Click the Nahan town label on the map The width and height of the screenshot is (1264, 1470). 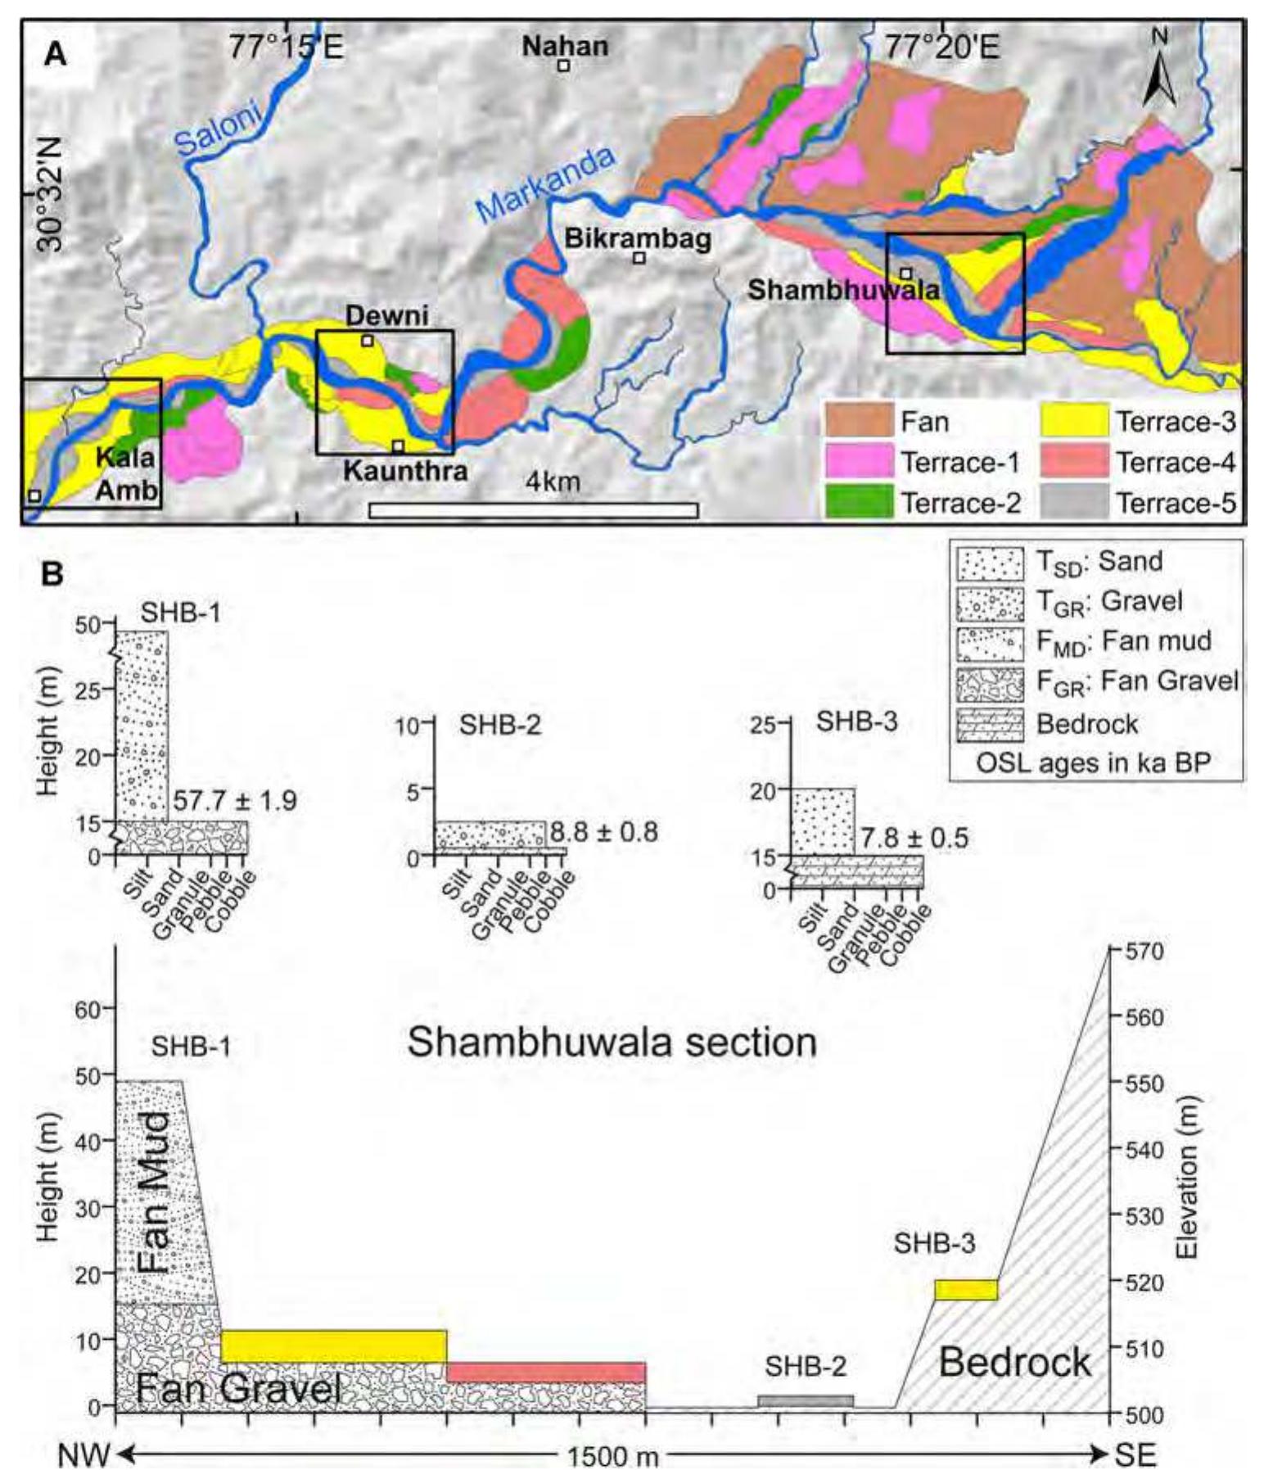[x=565, y=46]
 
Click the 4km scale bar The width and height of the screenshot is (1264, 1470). [x=533, y=510]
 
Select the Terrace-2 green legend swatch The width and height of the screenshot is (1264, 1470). [x=859, y=502]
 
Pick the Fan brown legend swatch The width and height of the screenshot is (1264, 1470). [x=859, y=421]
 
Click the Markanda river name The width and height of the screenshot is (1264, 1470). [x=544, y=184]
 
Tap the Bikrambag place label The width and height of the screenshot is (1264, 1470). [x=637, y=240]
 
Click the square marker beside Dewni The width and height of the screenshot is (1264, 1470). [x=368, y=340]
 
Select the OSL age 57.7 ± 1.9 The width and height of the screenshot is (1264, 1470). [x=234, y=800]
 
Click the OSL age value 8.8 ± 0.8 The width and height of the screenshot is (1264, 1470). [x=603, y=832]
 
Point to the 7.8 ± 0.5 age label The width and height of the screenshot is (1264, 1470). [x=914, y=838]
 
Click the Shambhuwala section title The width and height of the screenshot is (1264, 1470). [x=612, y=1043]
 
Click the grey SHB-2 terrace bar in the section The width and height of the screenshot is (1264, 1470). [x=806, y=1400]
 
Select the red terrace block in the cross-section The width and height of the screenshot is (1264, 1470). [x=546, y=1372]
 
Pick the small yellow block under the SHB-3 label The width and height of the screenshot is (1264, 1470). [x=966, y=1289]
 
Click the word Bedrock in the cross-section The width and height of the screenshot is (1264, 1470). [x=1014, y=1363]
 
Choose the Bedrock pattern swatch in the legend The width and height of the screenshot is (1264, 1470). [x=990, y=724]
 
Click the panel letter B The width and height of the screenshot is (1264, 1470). [x=52, y=573]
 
